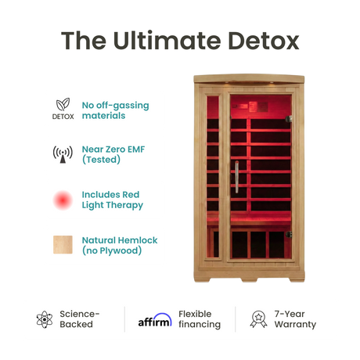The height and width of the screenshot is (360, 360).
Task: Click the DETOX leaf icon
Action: (x=63, y=104)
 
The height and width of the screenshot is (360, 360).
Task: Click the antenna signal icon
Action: (x=63, y=153)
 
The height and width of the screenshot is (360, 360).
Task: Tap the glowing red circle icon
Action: (x=63, y=200)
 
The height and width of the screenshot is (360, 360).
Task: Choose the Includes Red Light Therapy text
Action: (x=112, y=200)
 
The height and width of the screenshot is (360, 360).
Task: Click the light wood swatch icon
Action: (x=63, y=245)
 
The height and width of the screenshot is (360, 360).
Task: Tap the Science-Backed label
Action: (x=76, y=319)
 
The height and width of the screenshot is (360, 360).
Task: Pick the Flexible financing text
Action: (x=200, y=319)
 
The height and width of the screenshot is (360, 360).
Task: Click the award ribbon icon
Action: (x=257, y=319)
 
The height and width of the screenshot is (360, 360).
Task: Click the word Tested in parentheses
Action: (x=104, y=160)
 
